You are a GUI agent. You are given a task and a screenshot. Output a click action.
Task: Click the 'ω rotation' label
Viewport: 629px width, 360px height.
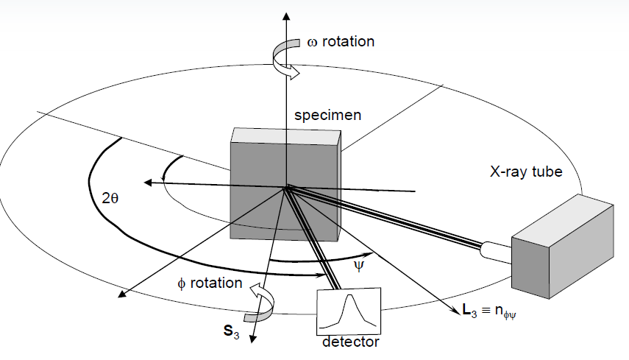click(340, 41)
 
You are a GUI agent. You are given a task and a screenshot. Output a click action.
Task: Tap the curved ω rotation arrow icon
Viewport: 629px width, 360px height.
click(284, 58)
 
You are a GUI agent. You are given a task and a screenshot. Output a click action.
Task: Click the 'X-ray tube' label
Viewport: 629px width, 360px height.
click(526, 172)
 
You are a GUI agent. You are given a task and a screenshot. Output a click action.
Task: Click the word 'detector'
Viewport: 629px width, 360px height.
click(351, 342)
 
